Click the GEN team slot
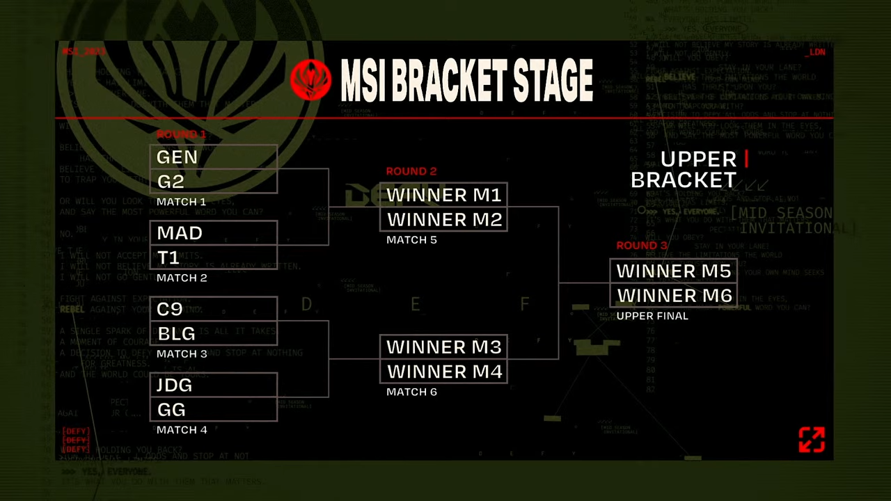[213, 157]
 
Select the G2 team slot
[213, 182]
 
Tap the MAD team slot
[213, 233]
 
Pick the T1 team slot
[213, 257]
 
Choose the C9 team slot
[213, 309]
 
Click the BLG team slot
[213, 333]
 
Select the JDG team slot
[213, 385]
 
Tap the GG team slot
[213, 409]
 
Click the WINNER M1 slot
[443, 196]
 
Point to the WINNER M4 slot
[443, 372]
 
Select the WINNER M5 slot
[673, 271]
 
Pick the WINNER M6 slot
[673, 296]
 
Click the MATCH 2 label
[182, 278]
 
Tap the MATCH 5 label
[411, 240]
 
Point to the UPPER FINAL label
[652, 316]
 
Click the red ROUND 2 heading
[411, 171]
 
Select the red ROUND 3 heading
[642, 246]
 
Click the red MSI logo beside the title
[310, 80]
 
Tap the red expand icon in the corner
[812, 440]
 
